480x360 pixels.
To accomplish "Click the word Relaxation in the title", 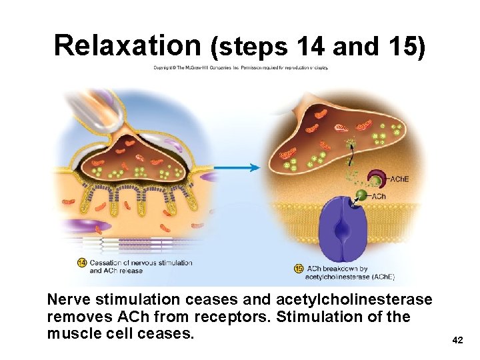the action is (x=127, y=45).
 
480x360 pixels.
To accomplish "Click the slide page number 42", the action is (x=457, y=341).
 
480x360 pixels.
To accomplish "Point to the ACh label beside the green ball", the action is (x=378, y=196).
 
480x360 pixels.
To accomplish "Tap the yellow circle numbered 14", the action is (x=82, y=262).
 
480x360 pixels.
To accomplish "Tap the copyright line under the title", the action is (x=241, y=67).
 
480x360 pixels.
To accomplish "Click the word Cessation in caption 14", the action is (x=105, y=263).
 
